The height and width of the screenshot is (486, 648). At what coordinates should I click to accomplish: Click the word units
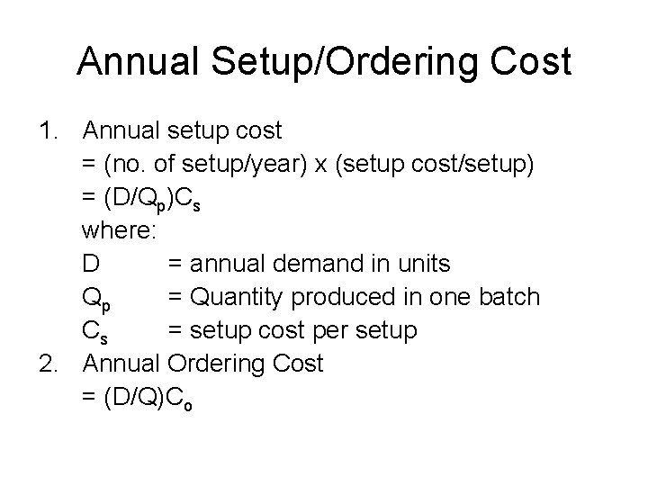click(422, 265)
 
